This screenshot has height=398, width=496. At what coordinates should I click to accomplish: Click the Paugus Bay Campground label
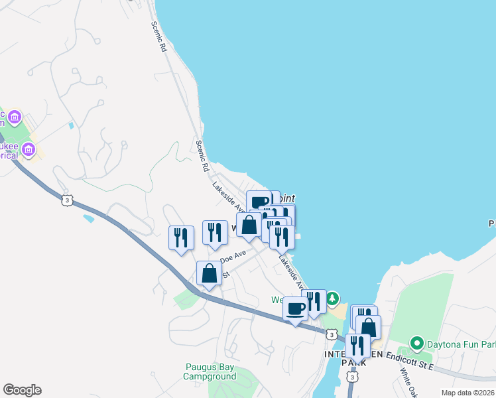(210, 371)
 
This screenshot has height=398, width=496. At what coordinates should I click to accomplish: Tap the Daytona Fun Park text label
(461, 344)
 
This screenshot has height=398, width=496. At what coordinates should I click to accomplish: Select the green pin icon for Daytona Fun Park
(416, 344)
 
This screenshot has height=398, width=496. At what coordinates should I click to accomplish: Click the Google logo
(22, 390)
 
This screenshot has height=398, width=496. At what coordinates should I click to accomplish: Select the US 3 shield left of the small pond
(65, 200)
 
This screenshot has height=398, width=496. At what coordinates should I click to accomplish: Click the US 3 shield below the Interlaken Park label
(352, 377)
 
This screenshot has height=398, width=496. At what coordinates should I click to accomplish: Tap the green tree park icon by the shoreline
(333, 299)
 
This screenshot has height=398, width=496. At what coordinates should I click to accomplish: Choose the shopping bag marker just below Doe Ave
(210, 273)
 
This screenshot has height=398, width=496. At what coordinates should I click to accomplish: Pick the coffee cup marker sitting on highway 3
(296, 309)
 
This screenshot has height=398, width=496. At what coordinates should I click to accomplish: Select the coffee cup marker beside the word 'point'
(259, 202)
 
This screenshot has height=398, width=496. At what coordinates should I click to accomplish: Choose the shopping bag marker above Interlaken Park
(369, 327)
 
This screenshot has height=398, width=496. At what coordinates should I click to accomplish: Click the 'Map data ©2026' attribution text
(467, 393)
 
